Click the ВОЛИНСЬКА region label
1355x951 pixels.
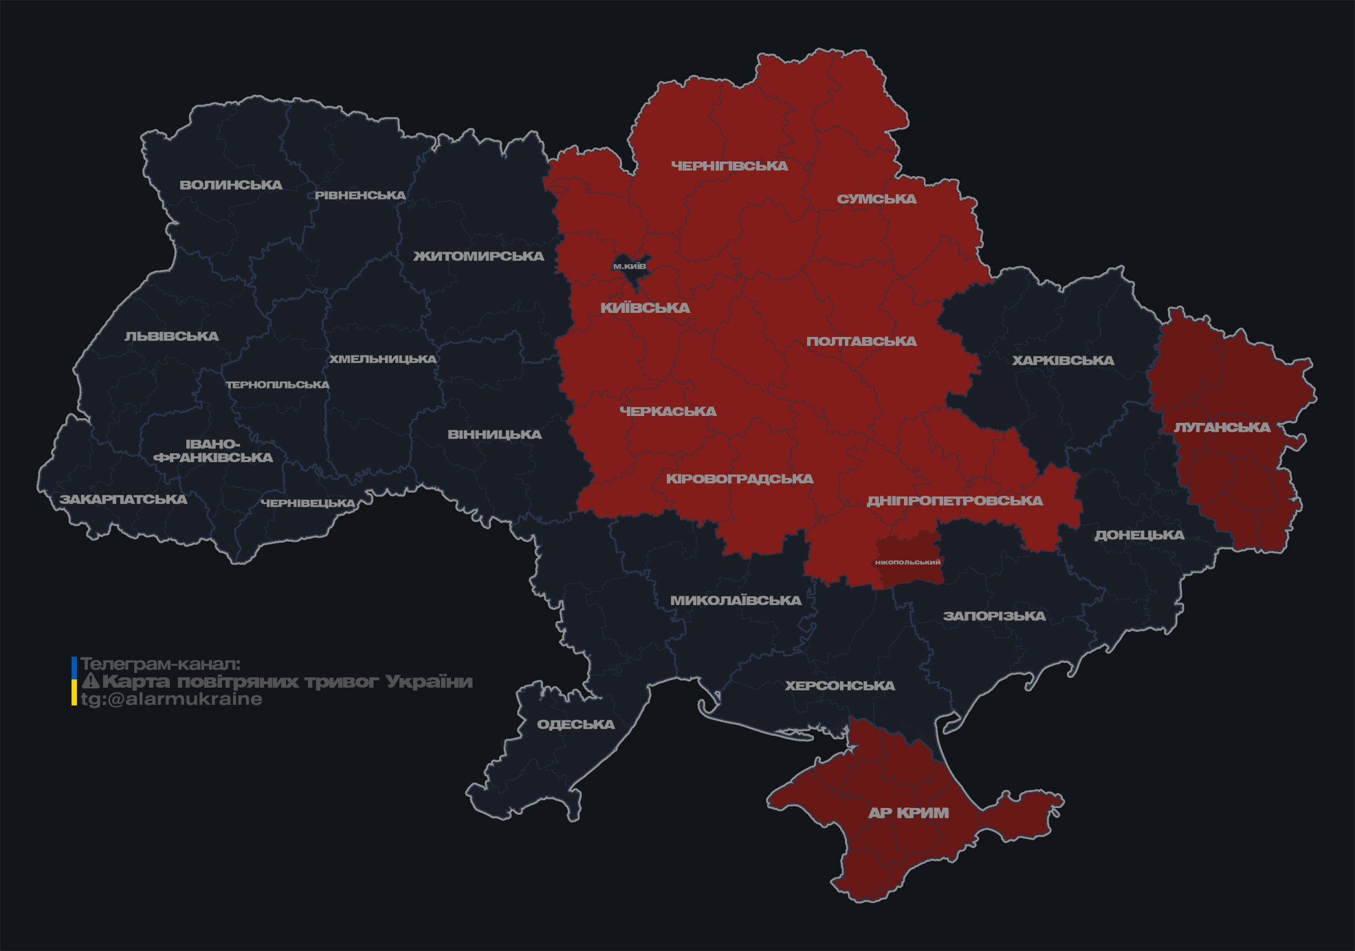coord(231,185)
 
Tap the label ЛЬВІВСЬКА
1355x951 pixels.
coord(172,336)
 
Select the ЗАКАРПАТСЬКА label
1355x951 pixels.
coord(123,499)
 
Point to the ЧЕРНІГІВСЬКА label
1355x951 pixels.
coord(729,166)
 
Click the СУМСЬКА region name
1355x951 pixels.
coord(877,199)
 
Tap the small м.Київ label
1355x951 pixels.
coord(630,266)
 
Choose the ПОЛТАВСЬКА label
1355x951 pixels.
coord(861,341)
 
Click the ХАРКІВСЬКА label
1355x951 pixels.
coord(1063,360)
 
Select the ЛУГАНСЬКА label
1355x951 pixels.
coord(1222,427)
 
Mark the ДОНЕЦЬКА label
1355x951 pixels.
coord(1139,535)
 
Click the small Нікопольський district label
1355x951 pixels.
coord(908,562)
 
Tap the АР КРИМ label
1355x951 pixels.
coord(908,813)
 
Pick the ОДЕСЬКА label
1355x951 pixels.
coord(575,724)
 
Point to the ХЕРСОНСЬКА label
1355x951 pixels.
coord(840,686)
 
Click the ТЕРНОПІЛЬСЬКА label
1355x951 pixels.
coord(278,384)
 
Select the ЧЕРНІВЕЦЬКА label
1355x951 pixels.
coord(308,503)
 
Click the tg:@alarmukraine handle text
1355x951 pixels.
coord(171,699)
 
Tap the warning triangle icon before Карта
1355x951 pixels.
coord(90,681)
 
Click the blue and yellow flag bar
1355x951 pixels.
coord(74,681)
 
